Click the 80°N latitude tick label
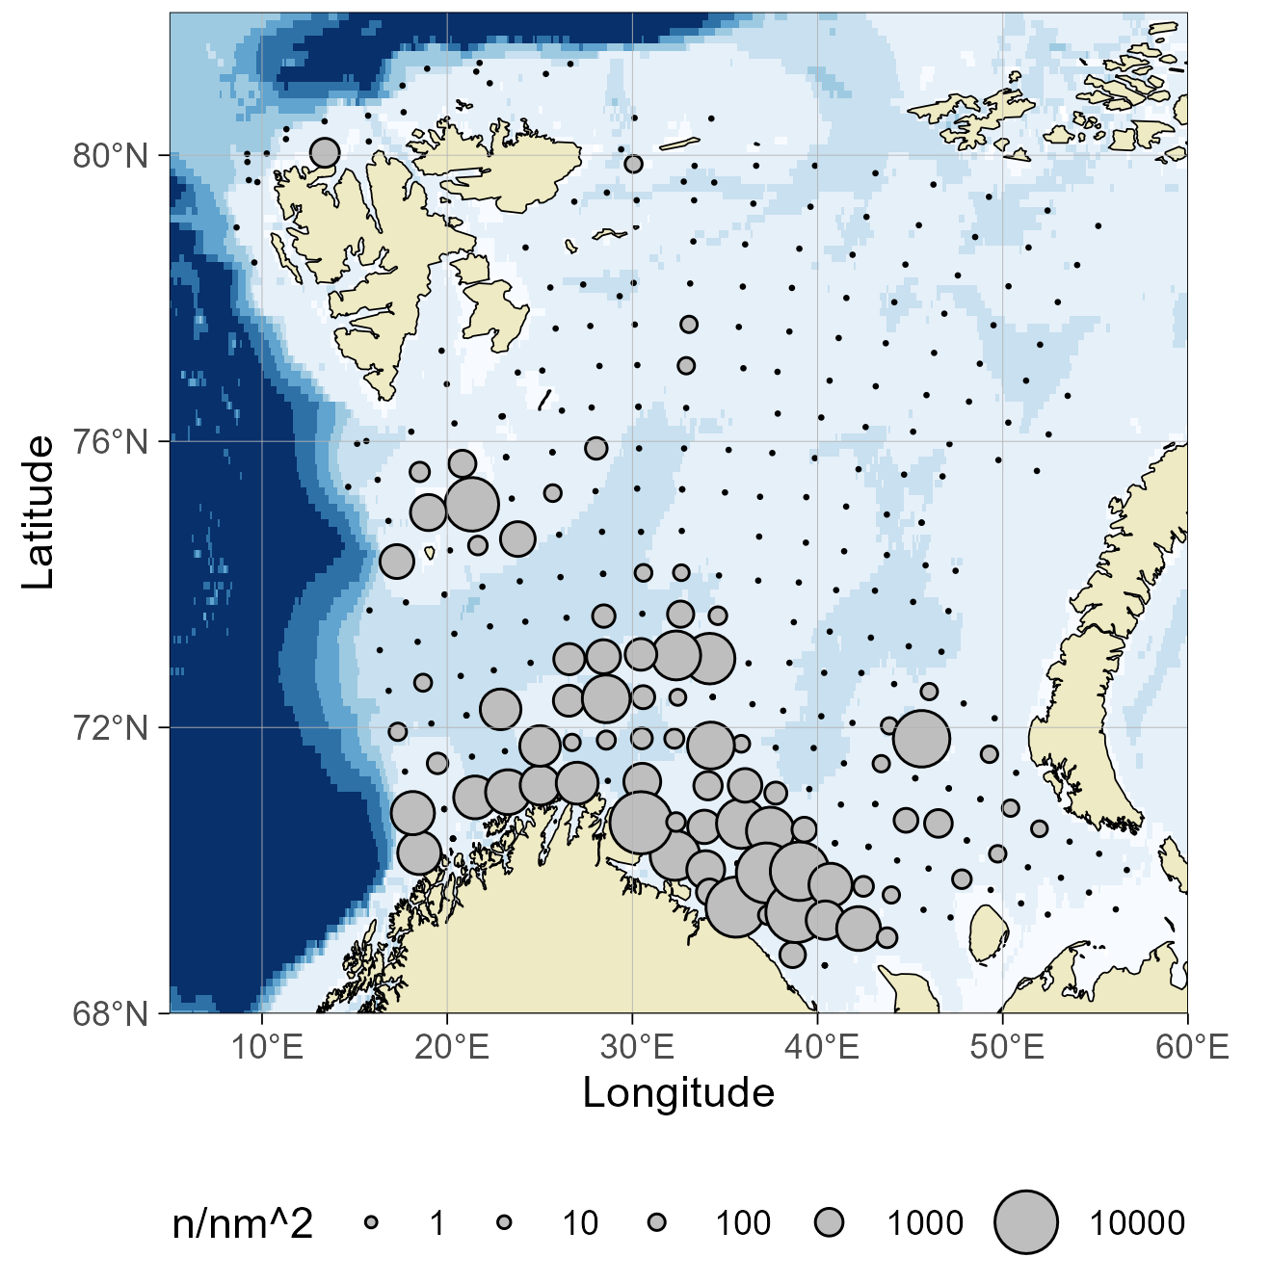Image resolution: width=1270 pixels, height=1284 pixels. [x=111, y=155]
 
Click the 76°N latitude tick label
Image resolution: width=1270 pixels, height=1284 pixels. [x=111, y=442]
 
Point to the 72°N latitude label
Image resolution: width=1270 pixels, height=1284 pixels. [x=111, y=728]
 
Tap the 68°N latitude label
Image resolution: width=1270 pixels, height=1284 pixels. [x=111, y=1014]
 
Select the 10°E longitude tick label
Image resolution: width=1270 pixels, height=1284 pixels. [x=267, y=1047]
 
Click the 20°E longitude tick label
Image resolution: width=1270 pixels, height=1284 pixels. [x=452, y=1047]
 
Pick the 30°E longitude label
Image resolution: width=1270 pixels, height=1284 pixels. [x=637, y=1047]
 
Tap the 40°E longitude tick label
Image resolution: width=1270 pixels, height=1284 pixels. [x=822, y=1047]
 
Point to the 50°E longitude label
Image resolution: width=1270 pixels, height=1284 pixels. [x=1007, y=1047]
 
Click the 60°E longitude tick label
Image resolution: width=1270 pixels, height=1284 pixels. [x=1192, y=1047]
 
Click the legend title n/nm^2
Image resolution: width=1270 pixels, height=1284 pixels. [x=243, y=1223]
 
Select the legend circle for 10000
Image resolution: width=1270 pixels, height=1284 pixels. [x=1026, y=1222]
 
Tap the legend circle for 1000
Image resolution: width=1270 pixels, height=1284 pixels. [x=829, y=1222]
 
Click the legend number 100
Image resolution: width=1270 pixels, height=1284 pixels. [x=742, y=1223]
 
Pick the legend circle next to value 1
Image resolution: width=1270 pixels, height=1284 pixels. [x=372, y=1222]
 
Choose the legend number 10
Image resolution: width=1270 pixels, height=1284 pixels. [x=580, y=1223]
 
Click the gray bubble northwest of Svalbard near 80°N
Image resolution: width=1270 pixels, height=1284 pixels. [x=325, y=152]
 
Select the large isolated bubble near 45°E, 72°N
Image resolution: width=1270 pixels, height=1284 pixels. [x=921, y=739]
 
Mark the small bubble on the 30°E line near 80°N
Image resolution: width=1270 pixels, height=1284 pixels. [x=633, y=164]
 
